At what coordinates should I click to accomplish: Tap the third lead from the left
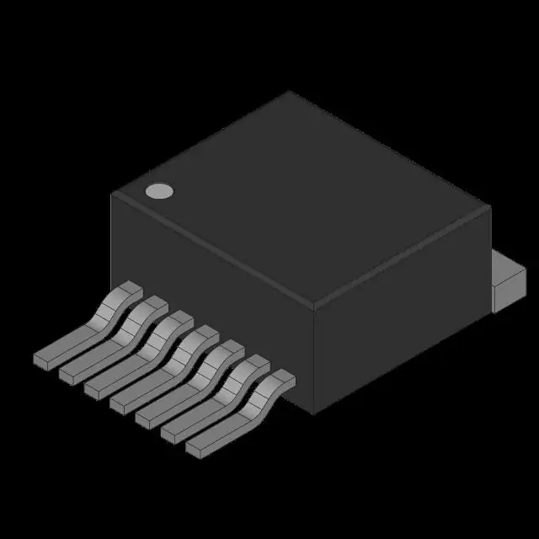135,359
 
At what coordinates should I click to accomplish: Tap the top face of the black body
303,198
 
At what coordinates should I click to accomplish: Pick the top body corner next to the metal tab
489,207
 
